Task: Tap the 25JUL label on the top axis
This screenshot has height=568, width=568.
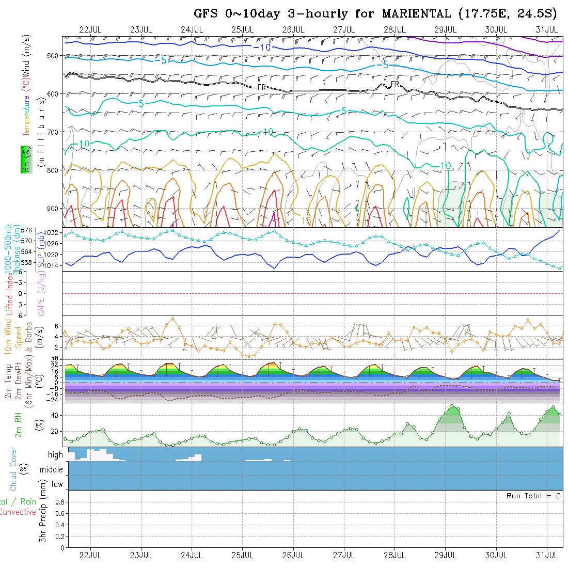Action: (x=242, y=29)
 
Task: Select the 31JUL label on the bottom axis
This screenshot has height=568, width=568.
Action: (x=546, y=556)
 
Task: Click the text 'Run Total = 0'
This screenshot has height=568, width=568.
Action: (x=533, y=496)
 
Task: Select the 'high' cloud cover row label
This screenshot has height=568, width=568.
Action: (x=55, y=455)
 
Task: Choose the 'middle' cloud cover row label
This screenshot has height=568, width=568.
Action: (x=52, y=470)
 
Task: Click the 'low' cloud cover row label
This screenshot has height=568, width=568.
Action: (x=57, y=484)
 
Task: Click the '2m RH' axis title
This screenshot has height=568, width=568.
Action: (x=18, y=424)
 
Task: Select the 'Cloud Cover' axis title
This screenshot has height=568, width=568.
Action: (x=13, y=469)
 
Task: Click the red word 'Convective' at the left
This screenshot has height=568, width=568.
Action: (x=18, y=512)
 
